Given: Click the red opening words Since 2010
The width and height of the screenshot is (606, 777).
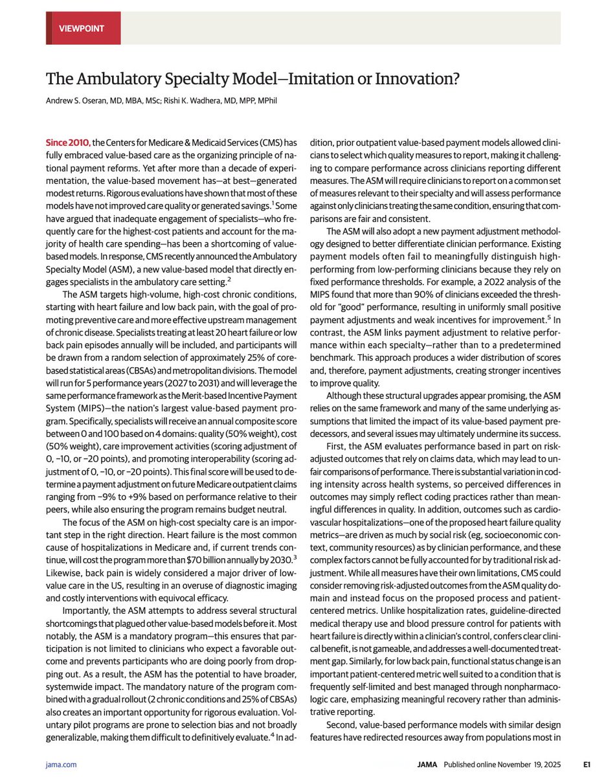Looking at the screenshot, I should (67, 142).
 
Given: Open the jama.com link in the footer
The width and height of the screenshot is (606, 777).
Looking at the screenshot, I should (62, 765).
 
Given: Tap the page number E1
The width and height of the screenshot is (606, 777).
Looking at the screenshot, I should (587, 765).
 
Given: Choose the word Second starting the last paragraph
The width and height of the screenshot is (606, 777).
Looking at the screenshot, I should (344, 724).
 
